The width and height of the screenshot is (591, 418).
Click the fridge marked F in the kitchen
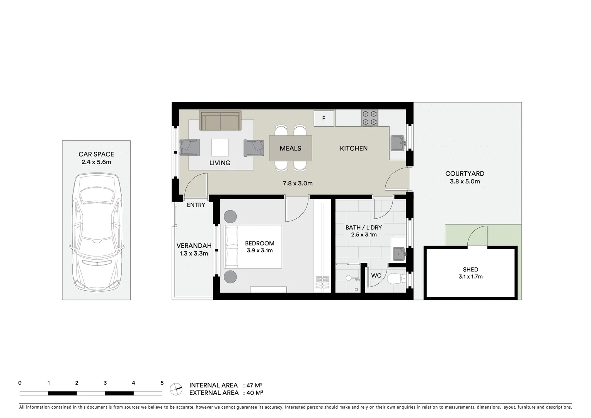click(324, 118)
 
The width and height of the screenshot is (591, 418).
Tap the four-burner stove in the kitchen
click(370, 118)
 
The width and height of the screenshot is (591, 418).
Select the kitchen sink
click(397, 143)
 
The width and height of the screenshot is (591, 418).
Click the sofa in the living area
click(220, 120)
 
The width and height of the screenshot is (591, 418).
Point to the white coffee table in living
click(220, 147)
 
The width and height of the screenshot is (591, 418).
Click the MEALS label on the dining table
click(290, 148)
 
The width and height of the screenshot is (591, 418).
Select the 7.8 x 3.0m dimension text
click(298, 183)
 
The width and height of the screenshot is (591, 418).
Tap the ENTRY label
click(196, 205)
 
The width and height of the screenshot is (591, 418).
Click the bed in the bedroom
click(253, 247)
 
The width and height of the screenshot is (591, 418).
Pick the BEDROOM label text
click(260, 243)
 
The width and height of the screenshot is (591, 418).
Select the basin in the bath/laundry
click(399, 254)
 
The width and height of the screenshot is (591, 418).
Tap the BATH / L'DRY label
click(363, 228)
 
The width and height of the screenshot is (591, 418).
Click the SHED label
click(470, 269)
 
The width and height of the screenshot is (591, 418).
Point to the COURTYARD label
click(465, 174)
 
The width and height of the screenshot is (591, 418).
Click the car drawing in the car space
click(97, 232)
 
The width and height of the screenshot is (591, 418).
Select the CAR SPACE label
click(96, 154)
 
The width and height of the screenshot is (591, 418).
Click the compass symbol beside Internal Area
click(176, 389)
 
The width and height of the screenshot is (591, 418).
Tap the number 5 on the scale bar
click(162, 383)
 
